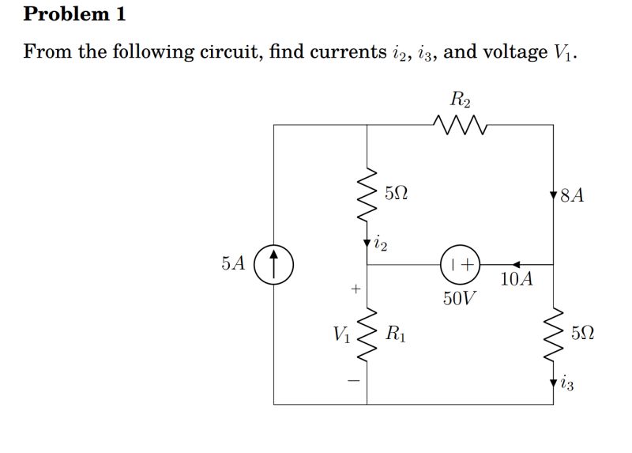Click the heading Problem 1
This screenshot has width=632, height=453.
(x=75, y=14)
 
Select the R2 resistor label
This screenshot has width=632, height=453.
(x=461, y=100)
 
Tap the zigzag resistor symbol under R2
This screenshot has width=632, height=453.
(x=461, y=123)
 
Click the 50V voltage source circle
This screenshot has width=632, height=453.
(x=461, y=265)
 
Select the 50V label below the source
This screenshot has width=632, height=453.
(x=460, y=299)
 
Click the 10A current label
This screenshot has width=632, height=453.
(x=517, y=279)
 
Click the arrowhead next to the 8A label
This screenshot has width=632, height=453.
(x=553, y=194)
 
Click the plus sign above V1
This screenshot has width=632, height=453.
(x=355, y=290)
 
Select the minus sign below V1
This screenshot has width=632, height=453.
(x=355, y=381)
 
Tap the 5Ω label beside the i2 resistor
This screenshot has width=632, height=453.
(x=397, y=193)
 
